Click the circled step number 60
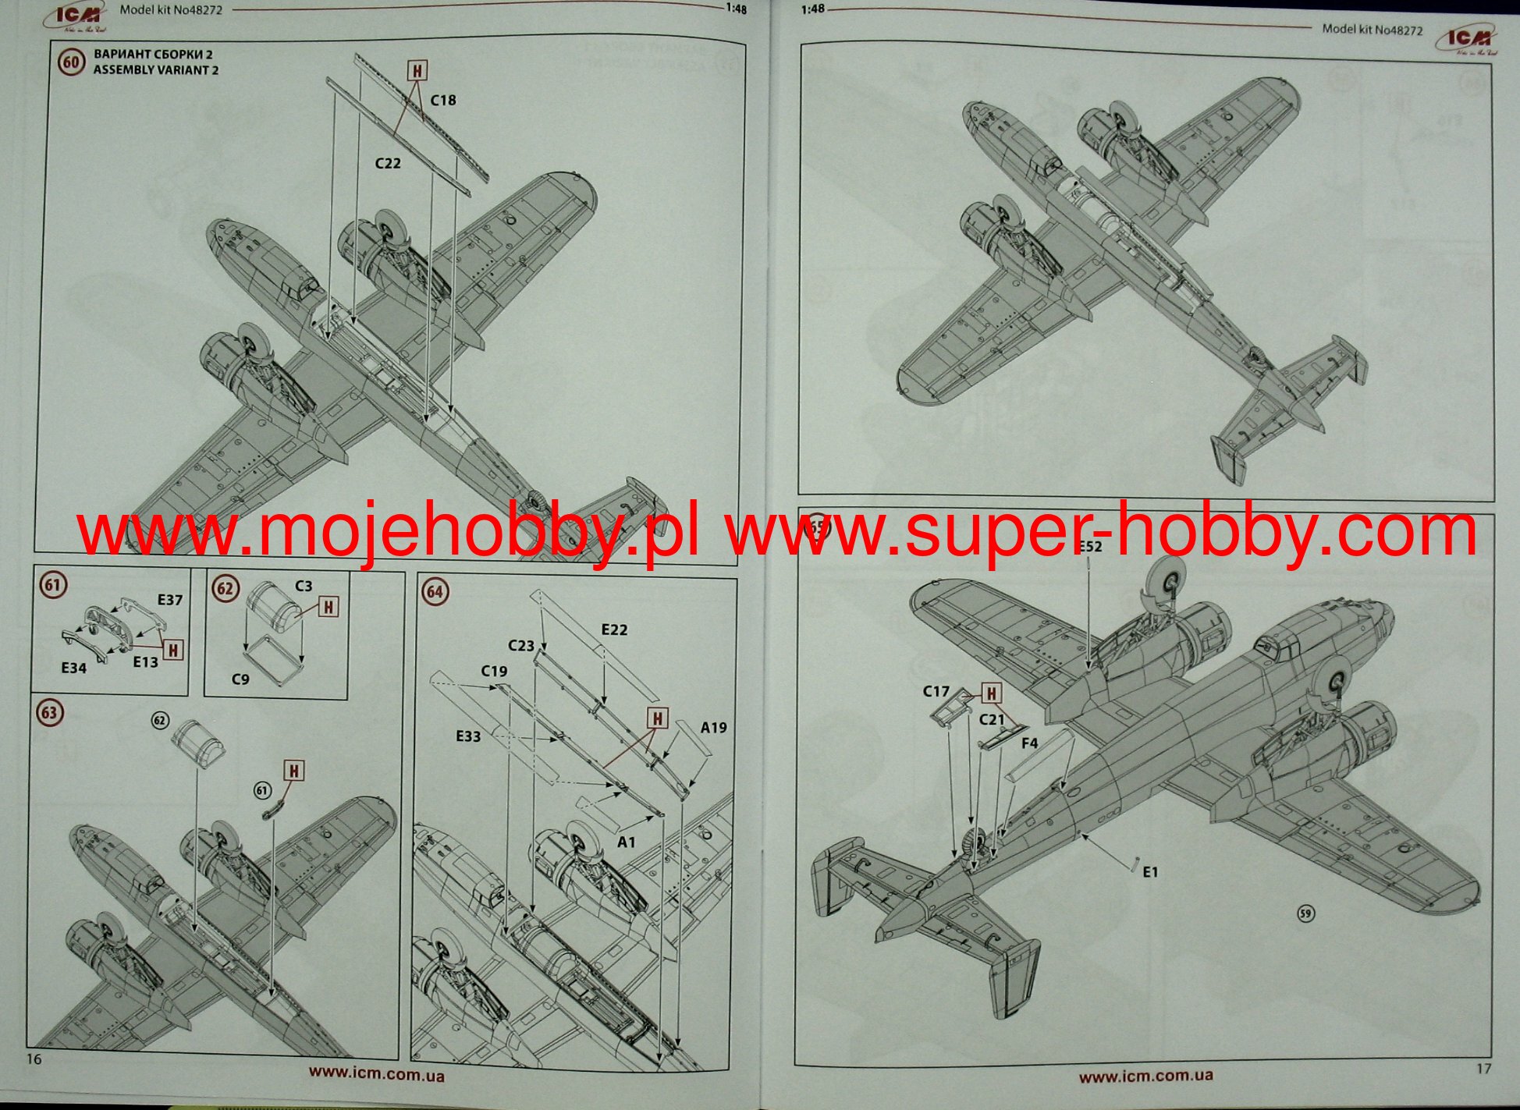[x=71, y=62]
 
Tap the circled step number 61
[x=53, y=585]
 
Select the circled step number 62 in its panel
[x=225, y=588]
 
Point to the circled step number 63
[x=50, y=712]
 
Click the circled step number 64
[x=435, y=592]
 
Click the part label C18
[x=443, y=101]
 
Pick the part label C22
[x=388, y=163]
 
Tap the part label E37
[x=169, y=600]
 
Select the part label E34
[x=74, y=668]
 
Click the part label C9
[x=240, y=679]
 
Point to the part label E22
[x=614, y=629]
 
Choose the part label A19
[x=713, y=728]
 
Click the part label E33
[x=468, y=736]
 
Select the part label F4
[x=1030, y=743]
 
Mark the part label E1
[x=1151, y=872]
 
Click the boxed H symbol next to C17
[x=991, y=693]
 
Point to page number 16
[x=34, y=1059]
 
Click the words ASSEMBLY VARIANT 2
[x=156, y=70]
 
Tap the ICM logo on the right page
[x=1467, y=39]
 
